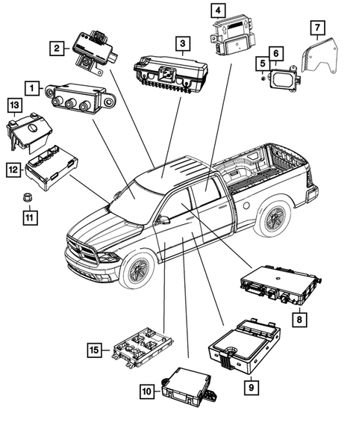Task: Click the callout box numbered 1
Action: (32, 89)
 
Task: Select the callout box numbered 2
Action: (57, 49)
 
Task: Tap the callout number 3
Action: (182, 43)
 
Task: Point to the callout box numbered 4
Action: (216, 10)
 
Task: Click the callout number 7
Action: (316, 29)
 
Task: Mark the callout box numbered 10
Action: (148, 390)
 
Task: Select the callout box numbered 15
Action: (93, 349)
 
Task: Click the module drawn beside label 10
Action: (188, 385)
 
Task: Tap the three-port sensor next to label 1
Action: (79, 96)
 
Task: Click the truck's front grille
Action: (81, 250)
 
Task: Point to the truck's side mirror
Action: (162, 220)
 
